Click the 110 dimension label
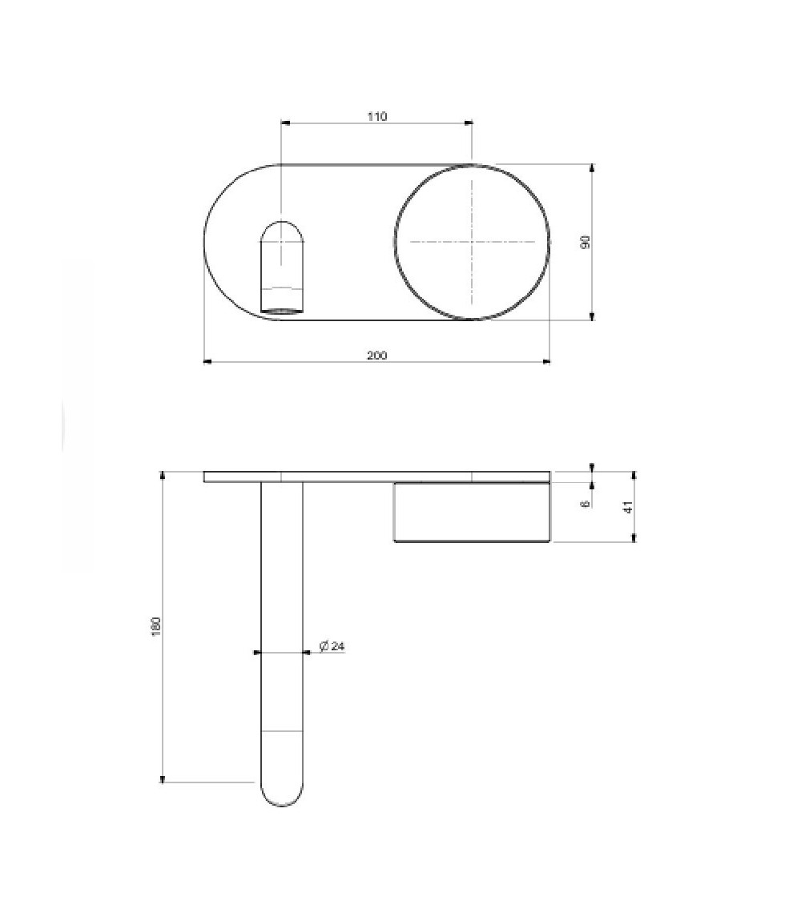click(377, 117)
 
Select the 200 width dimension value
click(377, 355)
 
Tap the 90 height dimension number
click(586, 242)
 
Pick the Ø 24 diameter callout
click(332, 646)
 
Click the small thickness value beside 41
click(586, 504)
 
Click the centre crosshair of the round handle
click(472, 242)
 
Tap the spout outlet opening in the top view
click(282, 310)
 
